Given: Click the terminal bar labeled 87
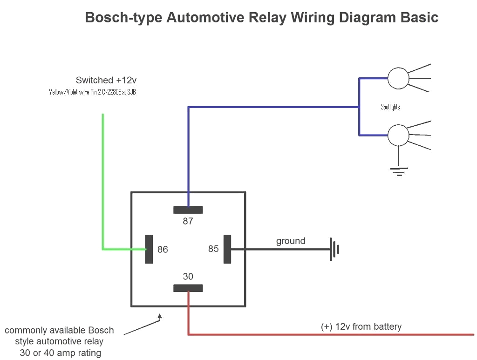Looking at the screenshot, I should [x=188, y=210].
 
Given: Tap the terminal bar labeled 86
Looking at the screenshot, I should [x=149, y=249].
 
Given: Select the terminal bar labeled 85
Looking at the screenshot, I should [x=227, y=249].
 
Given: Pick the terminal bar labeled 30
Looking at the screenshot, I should [x=188, y=288].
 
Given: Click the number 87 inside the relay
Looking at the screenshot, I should [x=188, y=221].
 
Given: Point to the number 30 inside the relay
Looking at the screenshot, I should [x=188, y=277].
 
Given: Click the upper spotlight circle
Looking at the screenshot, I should [x=398, y=78].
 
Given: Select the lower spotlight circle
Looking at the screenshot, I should [x=398, y=135].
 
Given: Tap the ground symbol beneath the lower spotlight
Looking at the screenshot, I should [x=398, y=171].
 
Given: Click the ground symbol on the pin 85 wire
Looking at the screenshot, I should [x=334, y=249].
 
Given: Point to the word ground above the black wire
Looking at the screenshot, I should [x=291, y=241].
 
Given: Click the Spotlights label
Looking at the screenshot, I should [x=390, y=107].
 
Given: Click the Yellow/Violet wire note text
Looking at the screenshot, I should [x=92, y=92].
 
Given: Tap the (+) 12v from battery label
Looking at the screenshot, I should [x=361, y=326].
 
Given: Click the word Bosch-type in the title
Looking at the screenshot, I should [x=124, y=18].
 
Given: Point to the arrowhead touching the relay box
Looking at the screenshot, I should [x=160, y=317].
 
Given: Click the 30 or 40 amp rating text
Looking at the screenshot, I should [x=61, y=353].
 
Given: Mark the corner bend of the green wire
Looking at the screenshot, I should [x=103, y=249].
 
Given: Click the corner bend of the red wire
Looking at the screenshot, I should [x=188, y=334].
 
